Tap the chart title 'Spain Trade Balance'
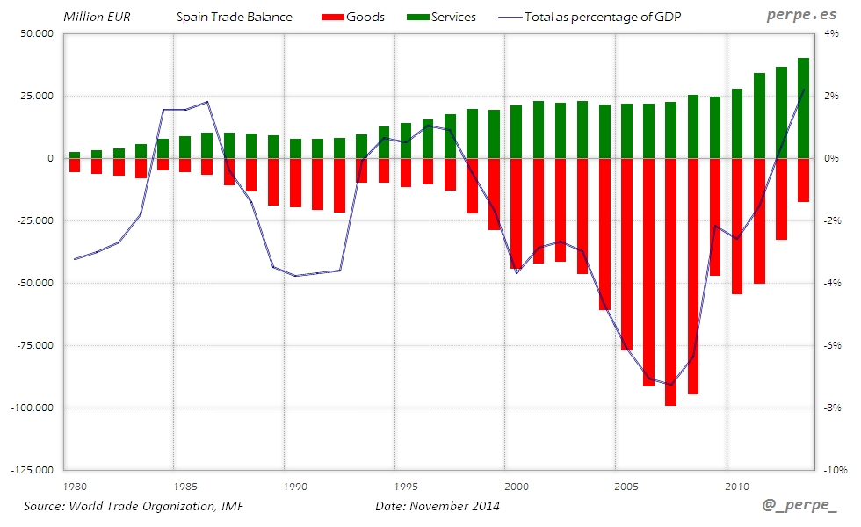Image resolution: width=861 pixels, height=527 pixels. tap(235, 17)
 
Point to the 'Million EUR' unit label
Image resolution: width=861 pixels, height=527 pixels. tap(97, 17)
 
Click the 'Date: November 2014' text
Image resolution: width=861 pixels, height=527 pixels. tap(438, 506)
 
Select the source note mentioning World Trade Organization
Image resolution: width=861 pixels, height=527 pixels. tap(133, 506)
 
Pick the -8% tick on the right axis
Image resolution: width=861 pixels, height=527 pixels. tap(833, 408)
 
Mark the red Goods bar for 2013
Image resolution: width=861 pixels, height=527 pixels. tap(803, 180)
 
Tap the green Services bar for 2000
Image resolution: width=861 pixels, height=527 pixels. tap(516, 132)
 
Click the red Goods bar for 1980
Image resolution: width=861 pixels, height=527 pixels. tap(75, 165)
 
